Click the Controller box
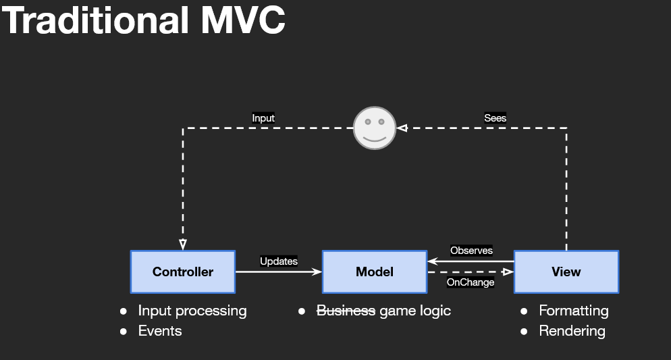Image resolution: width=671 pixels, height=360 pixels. [182, 272]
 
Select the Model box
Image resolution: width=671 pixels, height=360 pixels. [374, 272]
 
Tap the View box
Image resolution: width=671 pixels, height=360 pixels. [566, 272]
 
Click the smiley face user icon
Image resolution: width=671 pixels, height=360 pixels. [374, 128]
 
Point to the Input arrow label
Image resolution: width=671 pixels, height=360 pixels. [263, 118]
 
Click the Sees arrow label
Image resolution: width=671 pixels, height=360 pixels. [495, 118]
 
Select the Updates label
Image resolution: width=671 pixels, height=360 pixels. [279, 261]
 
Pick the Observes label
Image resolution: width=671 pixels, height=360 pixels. [471, 251]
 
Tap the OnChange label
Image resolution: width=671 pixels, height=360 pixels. [471, 282]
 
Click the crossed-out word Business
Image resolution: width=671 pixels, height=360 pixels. [346, 311]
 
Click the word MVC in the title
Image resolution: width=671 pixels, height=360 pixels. [243, 21]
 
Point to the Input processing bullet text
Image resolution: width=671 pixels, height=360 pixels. [192, 311]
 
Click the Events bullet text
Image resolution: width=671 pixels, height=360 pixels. [160, 331]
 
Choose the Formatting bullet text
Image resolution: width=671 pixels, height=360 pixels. [573, 311]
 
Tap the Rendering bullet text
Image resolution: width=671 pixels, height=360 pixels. [572, 331]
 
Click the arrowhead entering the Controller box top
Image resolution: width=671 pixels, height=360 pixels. [182, 245]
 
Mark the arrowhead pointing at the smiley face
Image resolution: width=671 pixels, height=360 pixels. [402, 128]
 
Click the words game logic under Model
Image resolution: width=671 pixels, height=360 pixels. [415, 311]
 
